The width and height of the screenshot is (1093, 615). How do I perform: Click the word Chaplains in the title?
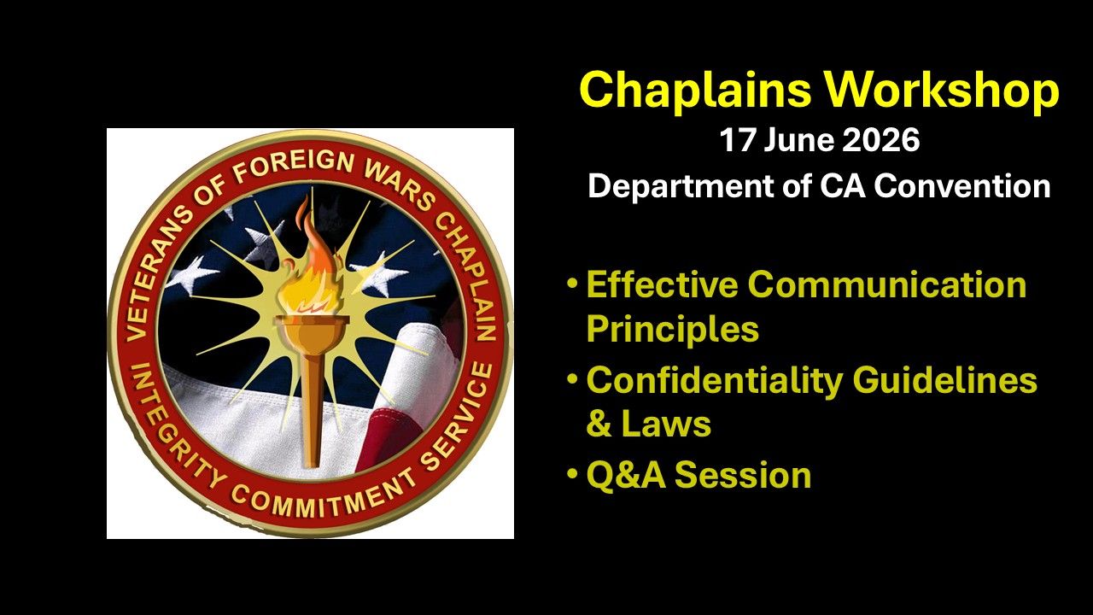click(695, 91)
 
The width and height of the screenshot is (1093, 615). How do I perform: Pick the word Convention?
click(961, 186)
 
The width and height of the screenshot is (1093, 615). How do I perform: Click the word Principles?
click(672, 330)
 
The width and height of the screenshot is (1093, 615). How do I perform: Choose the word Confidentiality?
click(714, 381)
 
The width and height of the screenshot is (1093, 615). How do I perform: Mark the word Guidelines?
click(944, 380)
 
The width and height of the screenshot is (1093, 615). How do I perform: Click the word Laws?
click(665, 424)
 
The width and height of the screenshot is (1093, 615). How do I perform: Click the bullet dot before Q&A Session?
click(572, 473)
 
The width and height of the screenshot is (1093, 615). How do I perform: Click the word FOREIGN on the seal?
click(293, 165)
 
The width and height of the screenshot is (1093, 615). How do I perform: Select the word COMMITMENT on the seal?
click(324, 498)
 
